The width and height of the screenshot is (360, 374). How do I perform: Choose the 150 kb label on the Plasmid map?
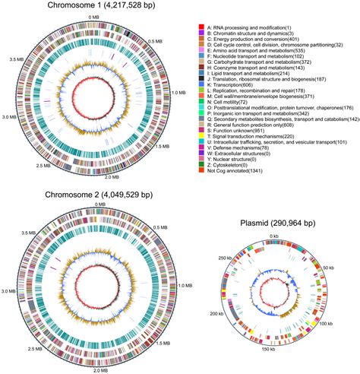coord(271,358)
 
